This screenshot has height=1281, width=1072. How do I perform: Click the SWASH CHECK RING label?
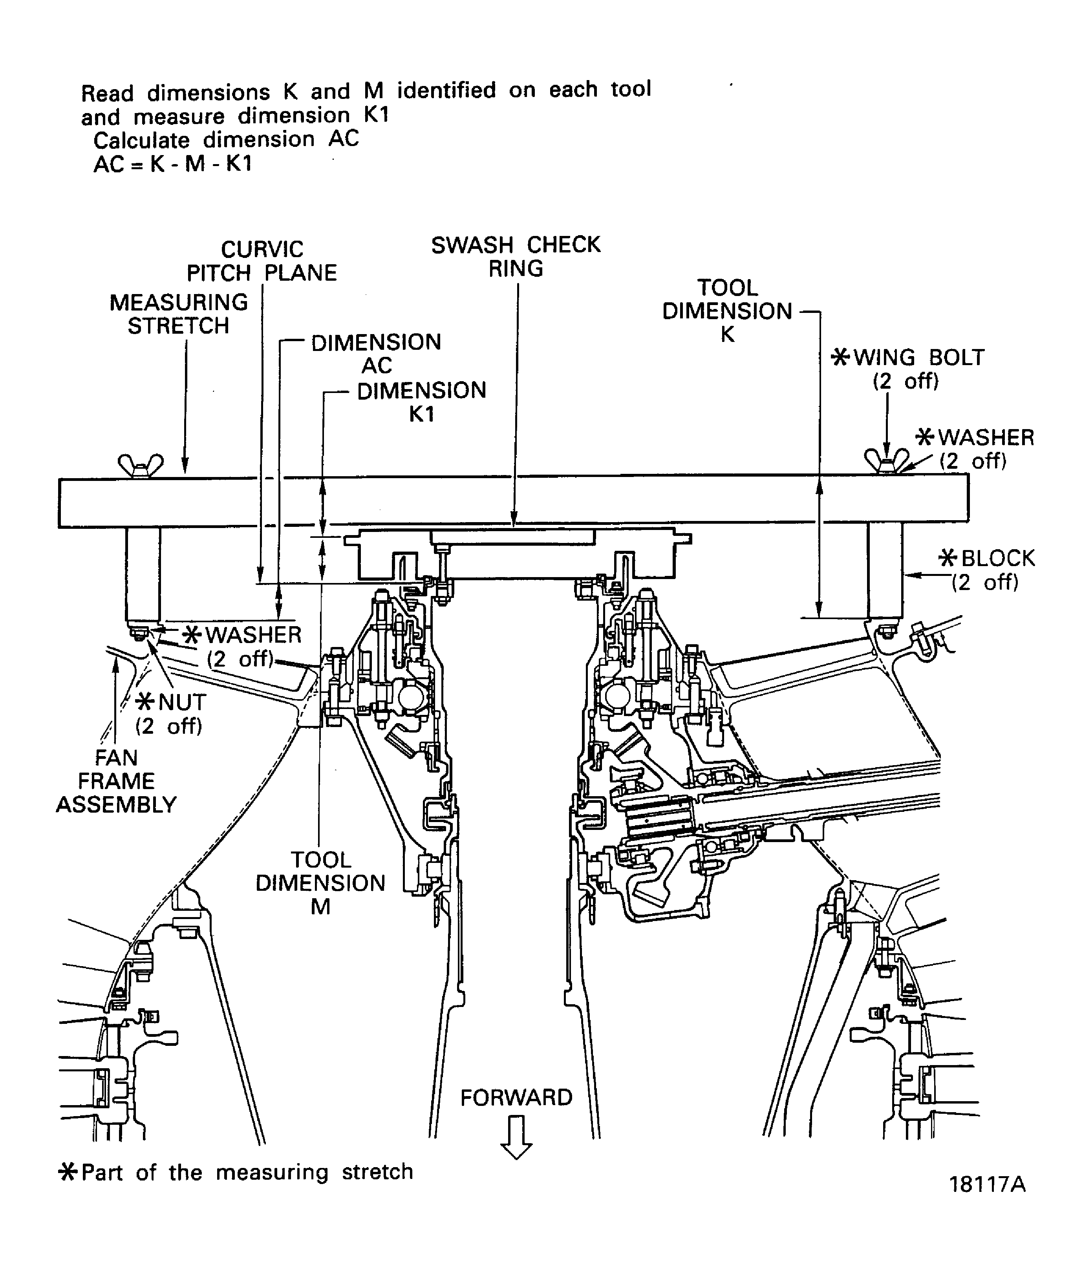pos(516,256)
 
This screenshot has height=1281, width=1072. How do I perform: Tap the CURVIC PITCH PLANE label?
pos(262,261)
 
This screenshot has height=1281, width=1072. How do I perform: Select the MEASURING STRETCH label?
pos(179,314)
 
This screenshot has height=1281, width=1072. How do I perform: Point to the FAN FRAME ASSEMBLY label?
pos(116,781)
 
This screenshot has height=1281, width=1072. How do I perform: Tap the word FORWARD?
pos(516,1098)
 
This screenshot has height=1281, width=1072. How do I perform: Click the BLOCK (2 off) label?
pos(986,570)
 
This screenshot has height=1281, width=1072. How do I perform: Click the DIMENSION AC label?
pos(376,354)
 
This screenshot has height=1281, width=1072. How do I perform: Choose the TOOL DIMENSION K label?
pos(727,311)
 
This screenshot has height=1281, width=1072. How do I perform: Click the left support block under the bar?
pos(143,574)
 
